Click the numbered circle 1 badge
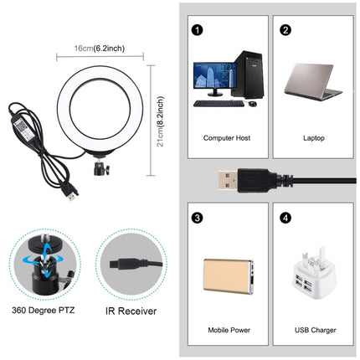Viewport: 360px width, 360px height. [x=198, y=31]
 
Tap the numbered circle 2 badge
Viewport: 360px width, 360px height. [x=285, y=31]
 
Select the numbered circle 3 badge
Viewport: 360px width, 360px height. [x=198, y=219]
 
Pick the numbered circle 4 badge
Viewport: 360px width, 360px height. [x=285, y=219]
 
